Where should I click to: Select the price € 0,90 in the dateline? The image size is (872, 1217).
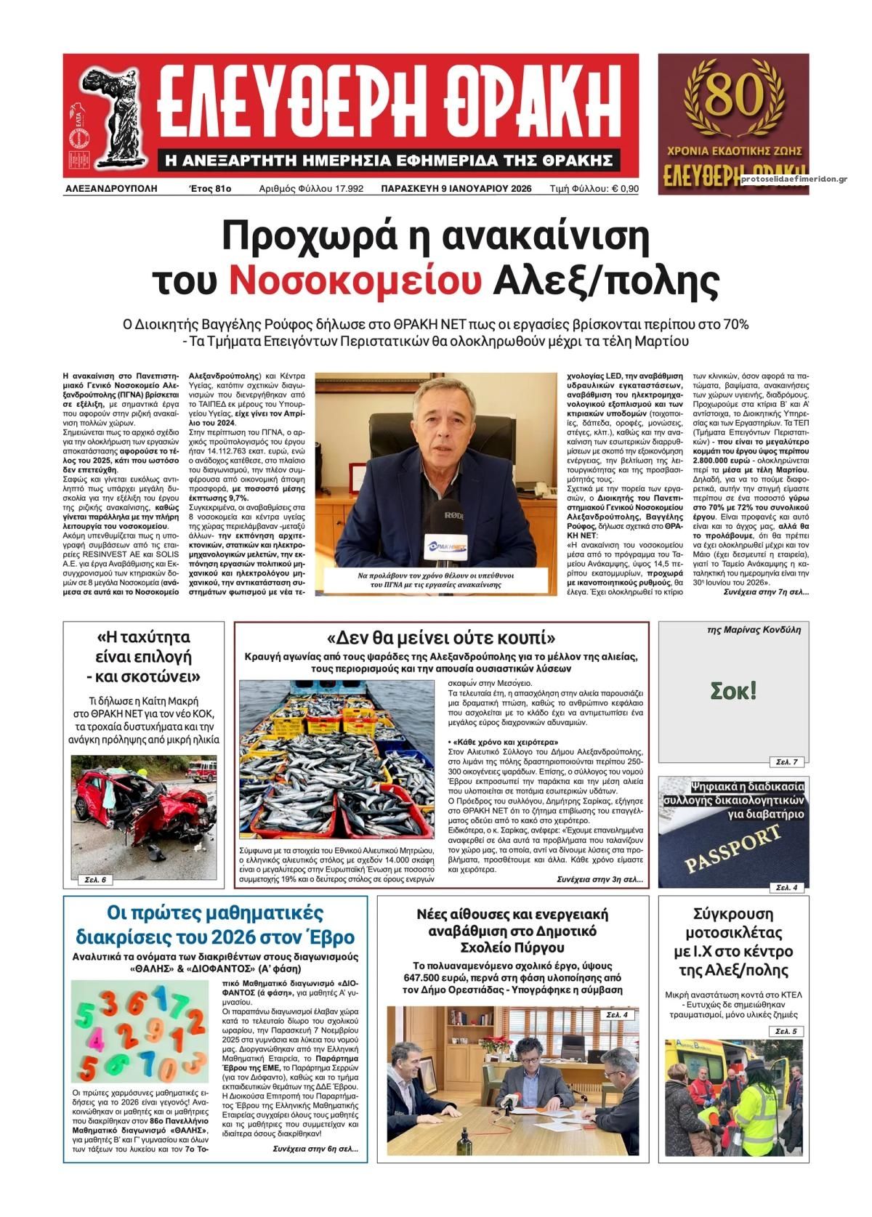pos(625,189)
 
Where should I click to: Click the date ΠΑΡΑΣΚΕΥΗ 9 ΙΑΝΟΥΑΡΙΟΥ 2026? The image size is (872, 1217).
pos(456,189)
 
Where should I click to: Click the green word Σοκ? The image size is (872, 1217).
pos(733,690)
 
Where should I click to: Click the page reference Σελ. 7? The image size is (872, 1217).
pos(786,761)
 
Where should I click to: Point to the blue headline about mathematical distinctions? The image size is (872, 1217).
pos(215,923)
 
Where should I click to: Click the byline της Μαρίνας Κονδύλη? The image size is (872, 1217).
pos(754,630)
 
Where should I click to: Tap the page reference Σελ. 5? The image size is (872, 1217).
pos(786,1031)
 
